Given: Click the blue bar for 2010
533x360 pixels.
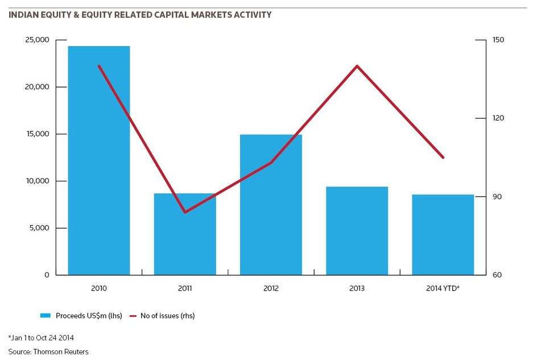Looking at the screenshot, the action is (x=99, y=160).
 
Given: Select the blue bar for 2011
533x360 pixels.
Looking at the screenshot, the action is (x=185, y=234).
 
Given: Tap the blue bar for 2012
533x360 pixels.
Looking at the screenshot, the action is (x=271, y=205).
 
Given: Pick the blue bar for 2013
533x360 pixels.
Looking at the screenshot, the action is (x=357, y=231).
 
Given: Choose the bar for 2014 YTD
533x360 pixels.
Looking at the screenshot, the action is (x=443, y=234).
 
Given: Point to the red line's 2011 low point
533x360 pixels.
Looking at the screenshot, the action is (x=185, y=212).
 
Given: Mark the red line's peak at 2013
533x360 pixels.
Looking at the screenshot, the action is (x=357, y=66).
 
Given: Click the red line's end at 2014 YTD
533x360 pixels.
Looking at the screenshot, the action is (x=443, y=158).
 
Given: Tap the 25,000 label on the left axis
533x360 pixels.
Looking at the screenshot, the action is (x=37, y=40).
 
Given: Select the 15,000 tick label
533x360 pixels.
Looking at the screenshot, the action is (x=37, y=134).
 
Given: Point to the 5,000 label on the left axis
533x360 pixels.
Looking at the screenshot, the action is (x=39, y=227).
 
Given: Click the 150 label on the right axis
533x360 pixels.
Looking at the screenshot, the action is (x=498, y=40).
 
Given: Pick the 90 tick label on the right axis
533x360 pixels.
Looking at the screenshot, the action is (x=497, y=197).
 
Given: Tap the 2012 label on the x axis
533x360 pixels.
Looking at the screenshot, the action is (x=271, y=288).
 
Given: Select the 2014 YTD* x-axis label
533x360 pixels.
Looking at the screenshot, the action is (x=443, y=288).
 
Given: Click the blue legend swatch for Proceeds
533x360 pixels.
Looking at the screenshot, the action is (x=45, y=316).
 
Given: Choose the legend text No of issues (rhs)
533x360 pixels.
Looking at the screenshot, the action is (x=168, y=316).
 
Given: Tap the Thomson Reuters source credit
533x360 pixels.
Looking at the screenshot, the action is (x=61, y=352).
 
